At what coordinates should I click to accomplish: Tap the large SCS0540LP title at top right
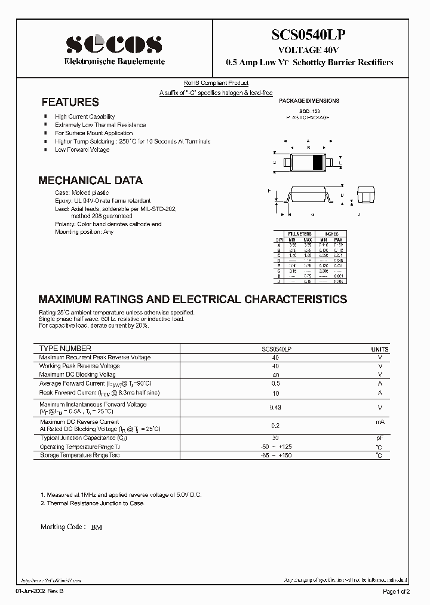309,36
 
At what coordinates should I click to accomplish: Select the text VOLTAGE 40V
309,51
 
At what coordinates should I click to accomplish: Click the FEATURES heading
70,102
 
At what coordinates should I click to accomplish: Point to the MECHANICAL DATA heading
90,180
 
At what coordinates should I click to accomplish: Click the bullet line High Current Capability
85,117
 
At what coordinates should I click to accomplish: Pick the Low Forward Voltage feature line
82,149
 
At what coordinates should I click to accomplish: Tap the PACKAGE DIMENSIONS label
309,101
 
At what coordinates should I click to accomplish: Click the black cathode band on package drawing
318,161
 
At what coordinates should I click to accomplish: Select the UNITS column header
379,349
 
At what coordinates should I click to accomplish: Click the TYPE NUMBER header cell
65,349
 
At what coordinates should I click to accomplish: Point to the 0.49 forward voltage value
276,408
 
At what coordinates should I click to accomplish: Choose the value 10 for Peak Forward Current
276,393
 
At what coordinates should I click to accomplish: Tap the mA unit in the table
379,421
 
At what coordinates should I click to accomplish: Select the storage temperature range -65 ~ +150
276,456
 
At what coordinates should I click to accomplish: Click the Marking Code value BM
96,528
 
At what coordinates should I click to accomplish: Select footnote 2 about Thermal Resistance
92,503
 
